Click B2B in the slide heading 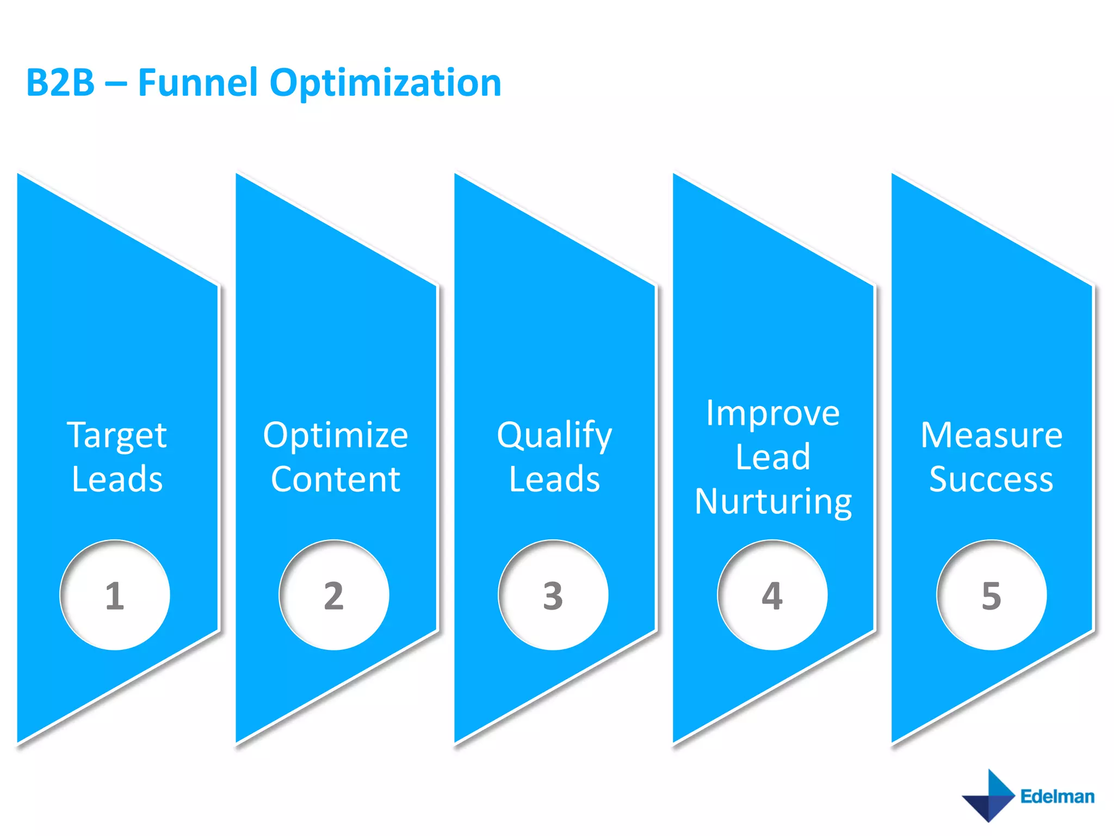(x=60, y=83)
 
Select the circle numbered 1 (x=115, y=595)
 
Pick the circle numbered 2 (x=334, y=595)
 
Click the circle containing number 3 (x=553, y=595)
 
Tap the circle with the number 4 (x=772, y=595)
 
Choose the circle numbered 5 (x=991, y=595)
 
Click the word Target (x=117, y=436)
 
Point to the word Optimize (x=336, y=436)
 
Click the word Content (x=336, y=479)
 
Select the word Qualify (x=554, y=436)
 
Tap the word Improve (x=773, y=413)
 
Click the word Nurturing (x=773, y=501)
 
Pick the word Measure (x=991, y=435)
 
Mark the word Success (x=991, y=479)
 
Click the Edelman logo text (x=1057, y=796)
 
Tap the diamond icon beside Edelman (x=988, y=796)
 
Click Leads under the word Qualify (x=554, y=479)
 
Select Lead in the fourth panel (x=773, y=457)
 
